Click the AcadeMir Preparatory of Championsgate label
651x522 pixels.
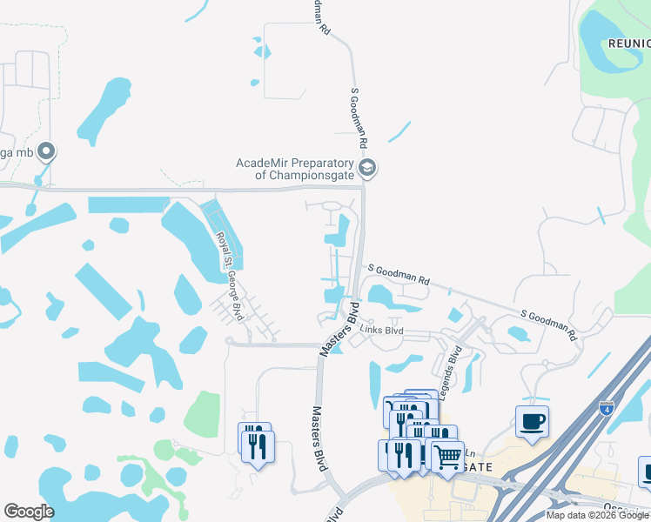click(x=297, y=168)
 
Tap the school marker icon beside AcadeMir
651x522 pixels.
click(x=367, y=168)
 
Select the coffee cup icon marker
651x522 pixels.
click(x=532, y=422)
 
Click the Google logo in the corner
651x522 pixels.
click(x=29, y=512)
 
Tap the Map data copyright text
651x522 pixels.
click(x=596, y=515)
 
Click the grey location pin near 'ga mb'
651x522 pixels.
click(x=46, y=152)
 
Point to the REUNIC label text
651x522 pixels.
click(x=628, y=43)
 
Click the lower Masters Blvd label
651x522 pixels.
click(x=319, y=439)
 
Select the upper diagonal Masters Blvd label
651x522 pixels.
click(x=339, y=328)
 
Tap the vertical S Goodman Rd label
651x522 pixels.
click(x=360, y=117)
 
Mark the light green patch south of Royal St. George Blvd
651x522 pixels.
click(x=202, y=412)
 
